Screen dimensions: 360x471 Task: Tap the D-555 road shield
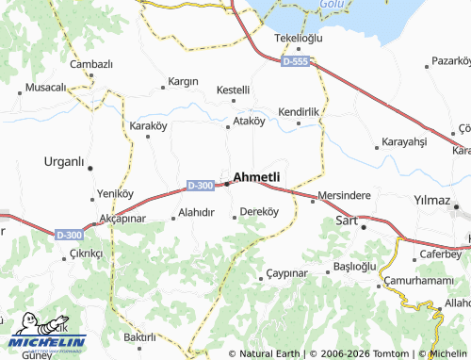294,60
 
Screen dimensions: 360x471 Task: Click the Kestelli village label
233,90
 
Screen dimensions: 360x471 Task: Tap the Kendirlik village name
300,111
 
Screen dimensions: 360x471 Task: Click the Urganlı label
65,160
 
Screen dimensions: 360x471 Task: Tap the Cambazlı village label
91,63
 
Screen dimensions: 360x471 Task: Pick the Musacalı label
44,87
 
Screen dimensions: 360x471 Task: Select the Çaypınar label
287,272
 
